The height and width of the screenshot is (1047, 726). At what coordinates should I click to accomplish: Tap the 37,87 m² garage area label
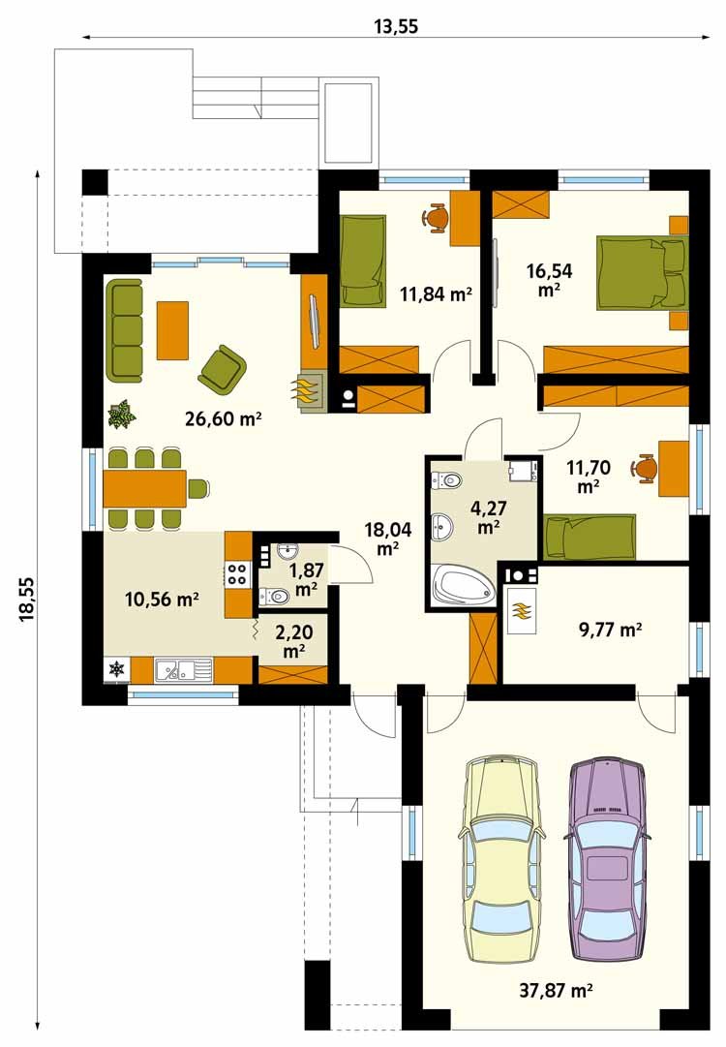point(557,990)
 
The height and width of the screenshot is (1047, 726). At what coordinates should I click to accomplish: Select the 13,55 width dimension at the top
point(396,26)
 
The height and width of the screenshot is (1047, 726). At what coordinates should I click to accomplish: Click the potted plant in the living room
point(121,414)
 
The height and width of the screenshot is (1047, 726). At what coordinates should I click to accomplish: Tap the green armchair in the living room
point(223,369)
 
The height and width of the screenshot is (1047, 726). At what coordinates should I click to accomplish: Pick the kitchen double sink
point(184,669)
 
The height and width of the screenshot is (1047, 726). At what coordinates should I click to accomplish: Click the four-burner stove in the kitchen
point(238,573)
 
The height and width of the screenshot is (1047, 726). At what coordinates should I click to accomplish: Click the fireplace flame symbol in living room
point(305,390)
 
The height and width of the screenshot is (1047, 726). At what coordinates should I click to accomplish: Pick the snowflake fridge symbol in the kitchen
point(117,669)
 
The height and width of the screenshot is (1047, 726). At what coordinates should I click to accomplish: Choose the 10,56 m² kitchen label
point(163,599)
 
